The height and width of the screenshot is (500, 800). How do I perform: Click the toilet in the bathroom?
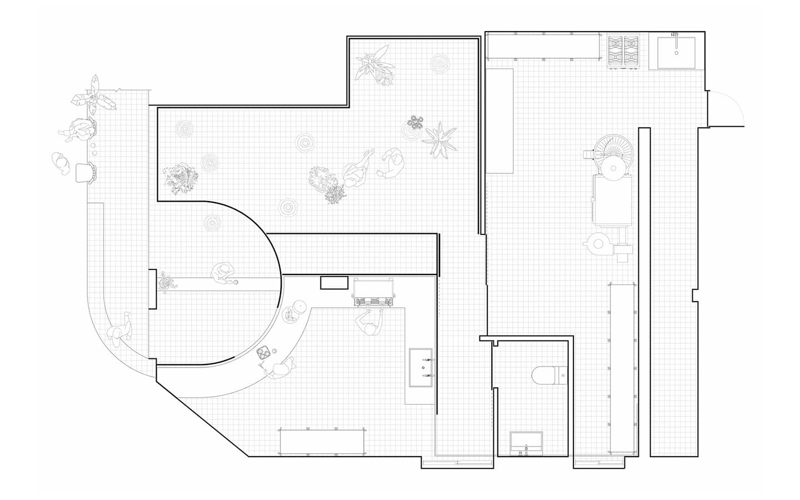[547, 376]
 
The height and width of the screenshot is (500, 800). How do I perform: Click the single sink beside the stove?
[677, 53]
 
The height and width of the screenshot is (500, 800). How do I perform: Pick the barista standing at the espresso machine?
[369, 323]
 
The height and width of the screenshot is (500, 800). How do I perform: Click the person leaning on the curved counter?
[279, 369]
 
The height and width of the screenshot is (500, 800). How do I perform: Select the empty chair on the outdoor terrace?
[85, 171]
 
